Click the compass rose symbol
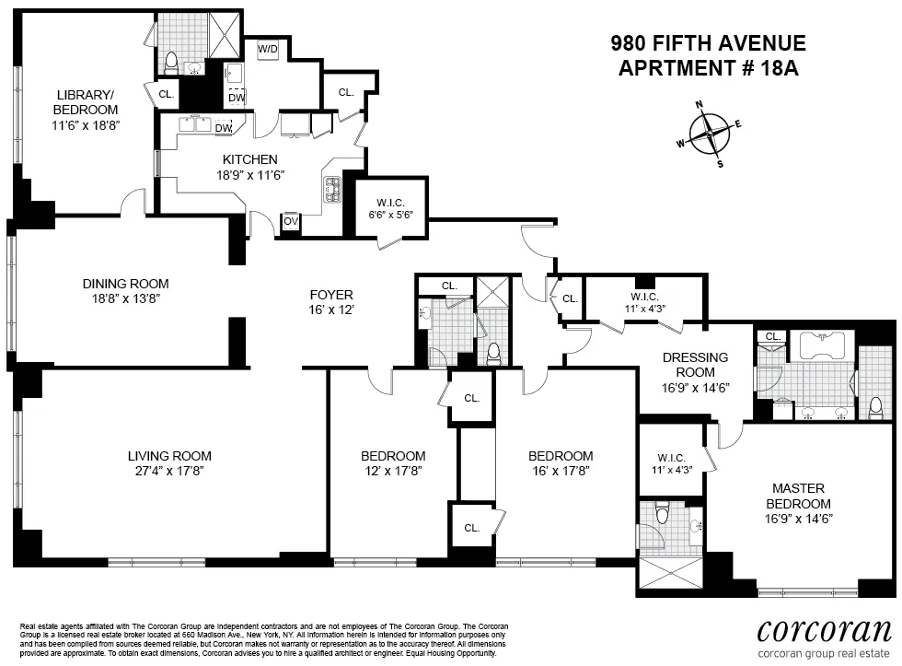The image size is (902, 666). pyautogui.click(x=710, y=134)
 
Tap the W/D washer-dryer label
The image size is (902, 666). pyautogui.click(x=268, y=48)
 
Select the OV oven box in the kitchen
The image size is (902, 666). pyautogui.click(x=290, y=221)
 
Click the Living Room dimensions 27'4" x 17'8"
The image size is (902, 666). pyautogui.click(x=169, y=472)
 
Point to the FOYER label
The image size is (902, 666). pyautogui.click(x=331, y=295)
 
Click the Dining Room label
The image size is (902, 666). pyautogui.click(x=125, y=284)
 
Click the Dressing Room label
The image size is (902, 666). pyautogui.click(x=695, y=365)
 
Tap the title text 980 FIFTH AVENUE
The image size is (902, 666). pyautogui.click(x=708, y=43)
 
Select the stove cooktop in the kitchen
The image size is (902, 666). pyautogui.click(x=331, y=191)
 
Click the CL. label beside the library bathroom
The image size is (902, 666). pyautogui.click(x=166, y=94)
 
